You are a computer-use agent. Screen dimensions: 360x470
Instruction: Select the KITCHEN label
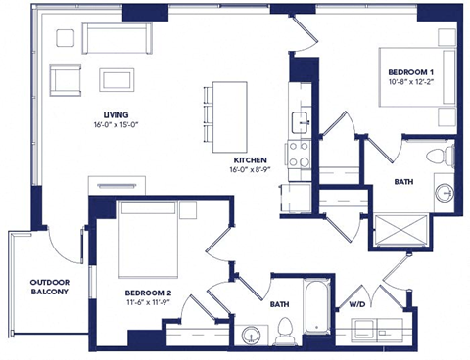click(x=251, y=159)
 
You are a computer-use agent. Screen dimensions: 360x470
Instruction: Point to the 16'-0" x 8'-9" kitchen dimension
click(x=251, y=171)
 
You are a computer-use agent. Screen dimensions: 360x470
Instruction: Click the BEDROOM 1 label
click(x=411, y=72)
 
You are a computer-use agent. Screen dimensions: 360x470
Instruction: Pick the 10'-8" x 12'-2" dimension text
click(x=411, y=83)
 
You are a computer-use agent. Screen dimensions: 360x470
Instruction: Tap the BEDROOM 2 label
click(x=149, y=292)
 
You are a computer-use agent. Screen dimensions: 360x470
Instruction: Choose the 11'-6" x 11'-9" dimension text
click(x=149, y=304)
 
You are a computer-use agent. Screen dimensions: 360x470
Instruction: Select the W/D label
click(x=358, y=304)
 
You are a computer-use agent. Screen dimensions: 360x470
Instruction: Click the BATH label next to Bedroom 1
click(x=402, y=182)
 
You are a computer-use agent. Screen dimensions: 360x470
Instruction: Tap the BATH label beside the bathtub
click(x=279, y=304)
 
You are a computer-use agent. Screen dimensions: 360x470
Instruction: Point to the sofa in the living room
click(x=115, y=39)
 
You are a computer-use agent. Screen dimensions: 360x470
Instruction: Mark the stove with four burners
click(x=298, y=153)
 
